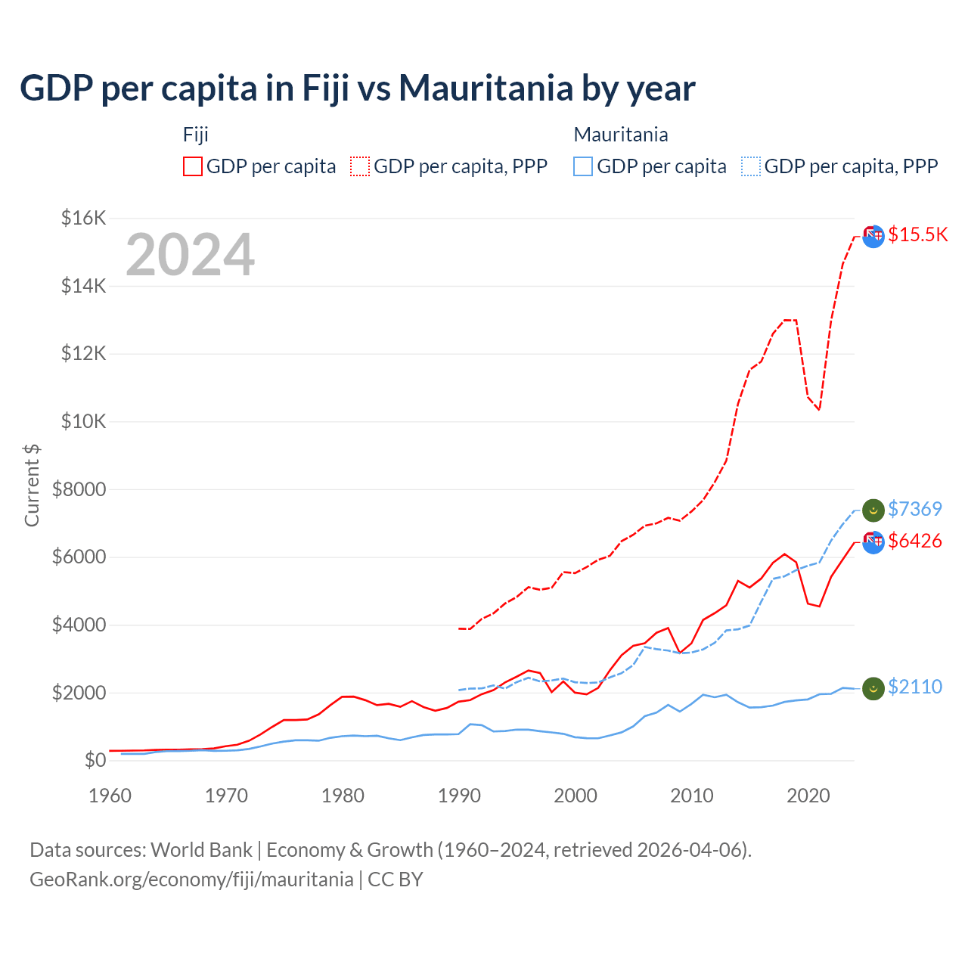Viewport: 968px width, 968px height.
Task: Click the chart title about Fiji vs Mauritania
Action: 357,88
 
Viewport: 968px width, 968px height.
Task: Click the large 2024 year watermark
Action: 190,256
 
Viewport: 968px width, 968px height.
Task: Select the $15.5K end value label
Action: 917,234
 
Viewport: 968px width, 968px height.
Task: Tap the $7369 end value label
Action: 914,509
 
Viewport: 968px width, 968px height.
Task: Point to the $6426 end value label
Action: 914,541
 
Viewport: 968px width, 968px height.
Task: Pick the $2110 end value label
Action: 914,687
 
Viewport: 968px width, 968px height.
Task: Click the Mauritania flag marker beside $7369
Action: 873,510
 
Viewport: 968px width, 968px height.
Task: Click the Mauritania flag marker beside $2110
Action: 873,688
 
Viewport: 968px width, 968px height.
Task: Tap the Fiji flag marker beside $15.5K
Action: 873,236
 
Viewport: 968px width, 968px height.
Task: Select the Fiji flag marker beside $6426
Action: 873,541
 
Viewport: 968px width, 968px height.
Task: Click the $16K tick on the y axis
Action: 83,219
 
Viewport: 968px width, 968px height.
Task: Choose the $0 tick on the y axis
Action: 95,760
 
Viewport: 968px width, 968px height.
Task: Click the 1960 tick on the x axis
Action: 110,796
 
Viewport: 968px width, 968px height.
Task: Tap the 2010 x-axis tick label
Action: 692,796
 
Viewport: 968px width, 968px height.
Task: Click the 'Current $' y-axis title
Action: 32,485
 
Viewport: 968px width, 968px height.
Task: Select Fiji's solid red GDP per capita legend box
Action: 193,166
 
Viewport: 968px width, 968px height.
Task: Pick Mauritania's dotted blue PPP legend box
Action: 751,166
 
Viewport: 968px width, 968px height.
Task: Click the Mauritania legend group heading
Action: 621,135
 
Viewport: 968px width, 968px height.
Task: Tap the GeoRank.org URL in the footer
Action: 191,880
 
